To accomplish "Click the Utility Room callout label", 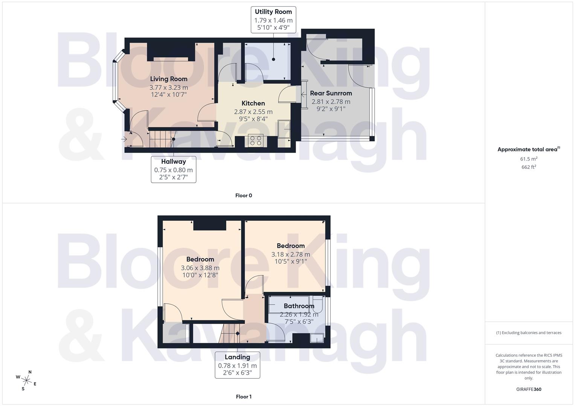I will (x=273, y=20).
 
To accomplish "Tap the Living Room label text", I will (x=169, y=79).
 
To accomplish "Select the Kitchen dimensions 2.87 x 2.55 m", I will (x=253, y=112).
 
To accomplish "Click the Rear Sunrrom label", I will (x=331, y=93).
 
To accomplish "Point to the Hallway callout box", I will (x=173, y=169).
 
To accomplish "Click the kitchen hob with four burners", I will (x=256, y=141).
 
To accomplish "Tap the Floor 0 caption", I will (x=243, y=195).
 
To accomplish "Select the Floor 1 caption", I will (x=243, y=397).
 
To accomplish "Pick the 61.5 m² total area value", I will (x=528, y=159).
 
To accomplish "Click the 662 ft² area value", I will (x=528, y=167).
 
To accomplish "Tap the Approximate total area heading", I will (x=528, y=149).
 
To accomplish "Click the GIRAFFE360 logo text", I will (x=528, y=389).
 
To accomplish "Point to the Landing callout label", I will (x=237, y=364).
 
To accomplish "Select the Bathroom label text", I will (x=299, y=306).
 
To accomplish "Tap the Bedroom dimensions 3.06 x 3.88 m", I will (x=200, y=268).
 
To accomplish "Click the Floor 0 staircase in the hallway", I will (x=162, y=139).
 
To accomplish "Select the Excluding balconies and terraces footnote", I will (x=528, y=333).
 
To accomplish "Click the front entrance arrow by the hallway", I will (x=124, y=139).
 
